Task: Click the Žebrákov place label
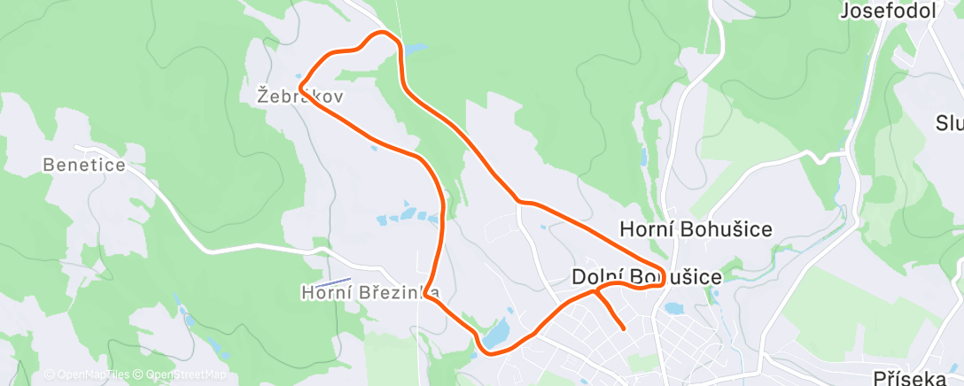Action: coord(299,95)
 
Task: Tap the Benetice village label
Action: coord(84,165)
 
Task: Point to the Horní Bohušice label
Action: coord(696,228)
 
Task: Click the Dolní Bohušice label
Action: coord(645,277)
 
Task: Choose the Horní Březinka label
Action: coord(370,291)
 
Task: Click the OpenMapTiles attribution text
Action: coord(92,374)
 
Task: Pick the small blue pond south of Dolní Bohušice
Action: coord(672,309)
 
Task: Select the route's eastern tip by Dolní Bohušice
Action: coord(664,273)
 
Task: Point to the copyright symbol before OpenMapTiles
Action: coord(50,374)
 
